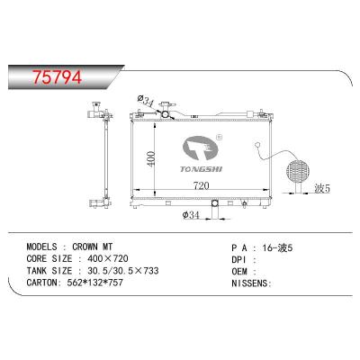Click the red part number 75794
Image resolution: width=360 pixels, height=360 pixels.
pos(58,76)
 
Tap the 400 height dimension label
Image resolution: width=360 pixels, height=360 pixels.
pos(152,159)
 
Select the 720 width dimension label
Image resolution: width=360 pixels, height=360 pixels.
pos(201,186)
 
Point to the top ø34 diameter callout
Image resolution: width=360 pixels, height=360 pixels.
pos(146,101)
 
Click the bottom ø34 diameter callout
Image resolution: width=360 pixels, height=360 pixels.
pos(191,215)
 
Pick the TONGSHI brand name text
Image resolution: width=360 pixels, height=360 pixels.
pos(201,169)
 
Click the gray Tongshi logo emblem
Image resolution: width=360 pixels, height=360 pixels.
pos(200,149)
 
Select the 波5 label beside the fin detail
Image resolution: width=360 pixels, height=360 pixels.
pos(322,188)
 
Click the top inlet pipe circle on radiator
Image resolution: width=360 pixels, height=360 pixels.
pos(166,114)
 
